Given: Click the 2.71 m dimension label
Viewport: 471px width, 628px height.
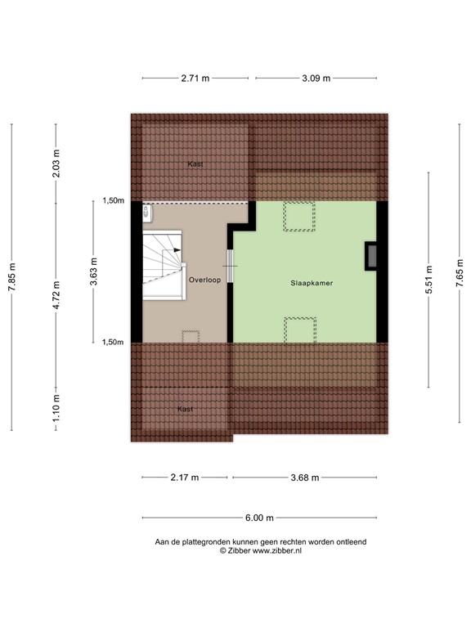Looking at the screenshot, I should [195, 78].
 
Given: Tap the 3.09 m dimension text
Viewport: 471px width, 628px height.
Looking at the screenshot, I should [316, 78].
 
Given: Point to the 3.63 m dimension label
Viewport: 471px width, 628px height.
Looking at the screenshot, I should [95, 271].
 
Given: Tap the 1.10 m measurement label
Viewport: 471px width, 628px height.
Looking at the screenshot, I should [56, 408].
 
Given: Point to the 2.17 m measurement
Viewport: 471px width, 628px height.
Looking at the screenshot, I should [185, 478].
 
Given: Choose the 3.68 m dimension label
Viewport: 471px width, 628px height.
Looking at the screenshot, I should [304, 478].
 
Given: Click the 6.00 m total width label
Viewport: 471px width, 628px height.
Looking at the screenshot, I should [258, 518].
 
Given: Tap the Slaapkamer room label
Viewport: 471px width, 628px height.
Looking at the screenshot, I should [312, 283].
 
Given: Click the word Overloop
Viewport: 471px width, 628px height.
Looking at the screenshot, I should [204, 280].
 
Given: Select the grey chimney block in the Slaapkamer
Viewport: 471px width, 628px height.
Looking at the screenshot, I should [371, 256].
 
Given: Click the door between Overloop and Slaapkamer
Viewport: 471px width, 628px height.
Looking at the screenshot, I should [230, 265].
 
